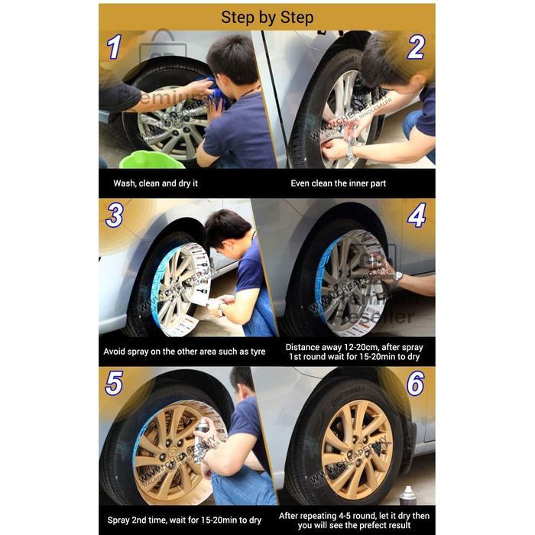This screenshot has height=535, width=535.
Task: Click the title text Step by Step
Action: tap(267, 17)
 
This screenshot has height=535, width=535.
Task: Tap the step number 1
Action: tap(114, 47)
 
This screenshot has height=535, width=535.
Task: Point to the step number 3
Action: tap(114, 215)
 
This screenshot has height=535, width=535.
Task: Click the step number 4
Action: tap(416, 216)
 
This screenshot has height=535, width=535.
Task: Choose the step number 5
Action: tap(114, 382)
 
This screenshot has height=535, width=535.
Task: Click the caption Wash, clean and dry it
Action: tap(157, 183)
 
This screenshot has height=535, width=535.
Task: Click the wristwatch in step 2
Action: tap(351, 150)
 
